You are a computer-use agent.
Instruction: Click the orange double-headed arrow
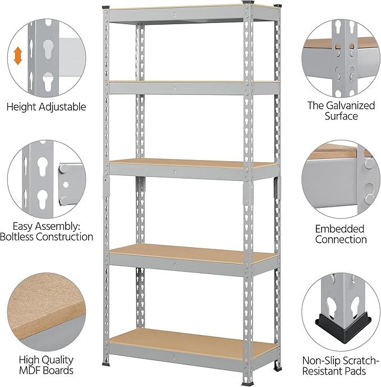[18, 56]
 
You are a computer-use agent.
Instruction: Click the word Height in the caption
[21, 107]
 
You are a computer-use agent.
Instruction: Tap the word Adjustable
[62, 107]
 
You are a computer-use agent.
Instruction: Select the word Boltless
[17, 236]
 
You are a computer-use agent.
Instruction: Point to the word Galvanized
[350, 106]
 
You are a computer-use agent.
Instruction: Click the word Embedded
[339, 229]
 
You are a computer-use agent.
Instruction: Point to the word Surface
[341, 116]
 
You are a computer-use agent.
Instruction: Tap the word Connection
[341, 239]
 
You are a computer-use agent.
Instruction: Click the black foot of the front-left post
[105, 364]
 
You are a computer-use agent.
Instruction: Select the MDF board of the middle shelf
[192, 163]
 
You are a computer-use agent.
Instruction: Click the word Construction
[65, 236]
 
